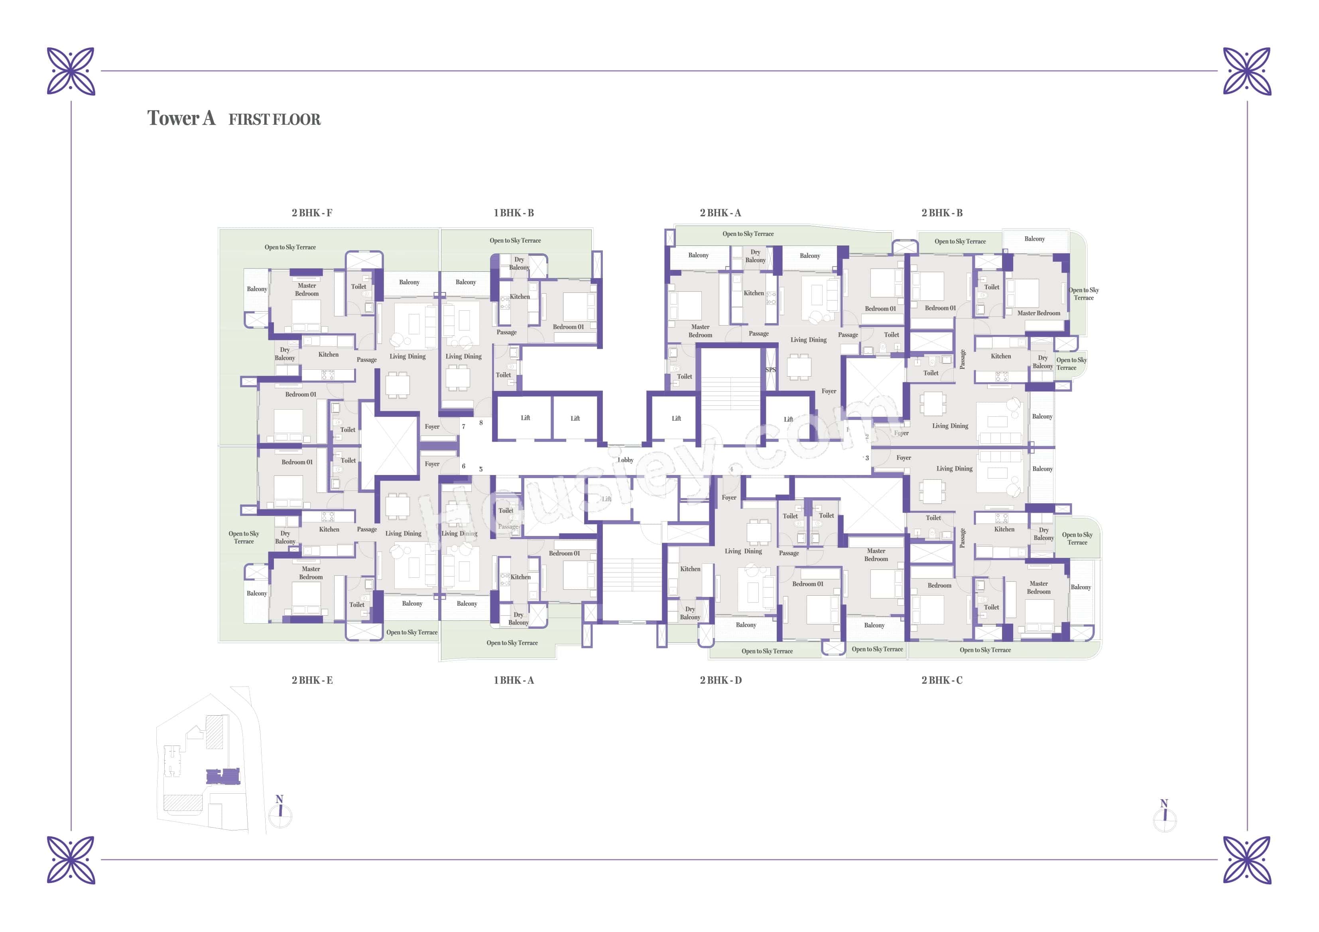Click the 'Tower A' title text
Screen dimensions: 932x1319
(181, 118)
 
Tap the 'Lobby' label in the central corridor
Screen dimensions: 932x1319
(625, 460)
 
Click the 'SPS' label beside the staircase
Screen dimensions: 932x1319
(770, 370)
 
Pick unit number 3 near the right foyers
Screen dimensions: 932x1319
(867, 458)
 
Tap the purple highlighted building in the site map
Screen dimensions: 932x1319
(223, 776)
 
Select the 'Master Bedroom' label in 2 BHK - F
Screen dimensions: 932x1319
(307, 289)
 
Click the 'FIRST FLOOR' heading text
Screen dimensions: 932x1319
(275, 120)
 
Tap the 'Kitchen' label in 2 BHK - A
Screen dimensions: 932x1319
(753, 293)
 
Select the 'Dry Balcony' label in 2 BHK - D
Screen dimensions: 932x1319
(689, 613)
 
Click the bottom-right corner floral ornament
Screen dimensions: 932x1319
(1247, 859)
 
